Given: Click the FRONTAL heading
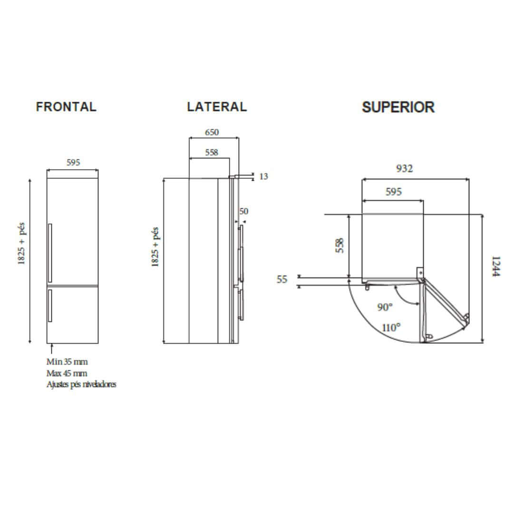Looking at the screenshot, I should (66, 107).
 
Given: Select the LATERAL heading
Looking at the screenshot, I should (217, 107).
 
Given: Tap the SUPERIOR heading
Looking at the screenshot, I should (398, 107).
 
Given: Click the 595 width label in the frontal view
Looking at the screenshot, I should (73, 163).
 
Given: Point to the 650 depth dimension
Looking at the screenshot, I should (212, 133).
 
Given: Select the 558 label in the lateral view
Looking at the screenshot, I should (212, 153).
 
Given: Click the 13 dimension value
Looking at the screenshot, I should (263, 176).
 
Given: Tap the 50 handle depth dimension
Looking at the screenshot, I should (243, 211).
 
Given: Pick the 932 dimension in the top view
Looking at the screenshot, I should (404, 168).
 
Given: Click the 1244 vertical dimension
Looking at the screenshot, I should (496, 267).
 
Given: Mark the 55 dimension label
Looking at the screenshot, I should (282, 280).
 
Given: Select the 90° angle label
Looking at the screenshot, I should (385, 307).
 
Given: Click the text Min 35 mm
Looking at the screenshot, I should (67, 362).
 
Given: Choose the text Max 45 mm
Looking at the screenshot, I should (67, 373).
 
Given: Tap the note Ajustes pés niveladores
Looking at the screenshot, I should (81, 384).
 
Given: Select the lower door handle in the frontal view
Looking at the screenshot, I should (49, 307).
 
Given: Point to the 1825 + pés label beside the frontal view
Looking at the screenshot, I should (22, 244).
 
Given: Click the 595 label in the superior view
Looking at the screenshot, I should (393, 192).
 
